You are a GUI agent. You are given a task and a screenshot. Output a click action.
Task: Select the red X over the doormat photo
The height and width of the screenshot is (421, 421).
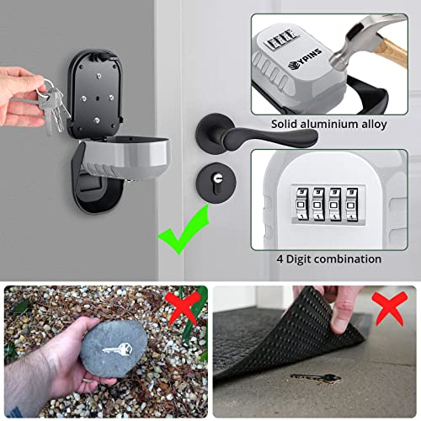click(388, 309)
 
